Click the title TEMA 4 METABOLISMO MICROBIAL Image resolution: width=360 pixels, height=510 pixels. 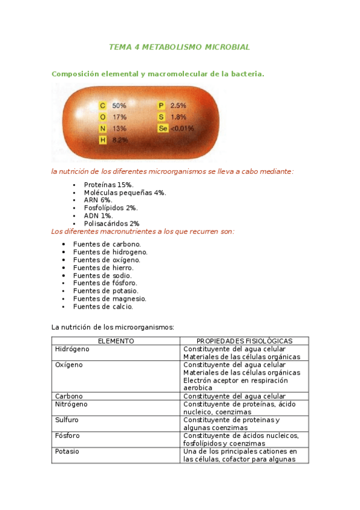(179, 47)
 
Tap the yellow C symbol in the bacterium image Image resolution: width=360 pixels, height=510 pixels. (103, 105)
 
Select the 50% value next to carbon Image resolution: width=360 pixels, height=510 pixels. (119, 105)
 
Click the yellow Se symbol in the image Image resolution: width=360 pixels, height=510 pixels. (162, 129)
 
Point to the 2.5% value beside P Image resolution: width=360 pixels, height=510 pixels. (178, 105)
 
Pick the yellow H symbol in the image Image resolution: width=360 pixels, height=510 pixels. (103, 140)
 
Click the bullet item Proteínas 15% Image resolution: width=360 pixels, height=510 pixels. (109, 185)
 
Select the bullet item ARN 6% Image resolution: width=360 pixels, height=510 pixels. (98, 200)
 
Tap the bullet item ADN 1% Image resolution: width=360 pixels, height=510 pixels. (98, 215)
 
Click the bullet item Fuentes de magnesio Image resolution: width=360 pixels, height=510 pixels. (109, 298)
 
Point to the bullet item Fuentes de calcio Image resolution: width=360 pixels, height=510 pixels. (103, 306)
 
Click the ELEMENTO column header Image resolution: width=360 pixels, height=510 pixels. (115, 341)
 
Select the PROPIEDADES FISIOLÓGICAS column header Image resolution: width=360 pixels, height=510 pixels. (244, 341)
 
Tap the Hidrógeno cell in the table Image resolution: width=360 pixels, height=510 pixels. (72, 349)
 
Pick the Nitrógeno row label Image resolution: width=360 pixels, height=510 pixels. (71, 404)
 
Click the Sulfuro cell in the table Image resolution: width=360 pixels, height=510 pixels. (67, 420)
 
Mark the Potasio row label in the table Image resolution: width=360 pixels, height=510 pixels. (67, 451)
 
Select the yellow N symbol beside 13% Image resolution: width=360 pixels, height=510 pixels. (103, 129)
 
